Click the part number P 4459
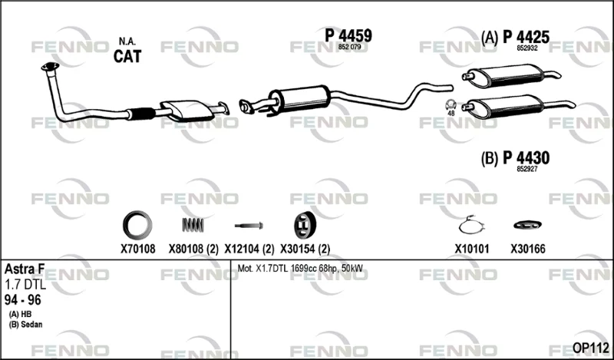[x=348, y=35]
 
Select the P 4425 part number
[x=526, y=37]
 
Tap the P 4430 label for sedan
[x=526, y=158]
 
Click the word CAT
[x=127, y=56]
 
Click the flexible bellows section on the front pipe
[x=141, y=113]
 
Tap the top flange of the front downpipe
[x=50, y=67]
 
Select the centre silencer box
[x=299, y=97]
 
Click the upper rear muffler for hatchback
[x=509, y=75]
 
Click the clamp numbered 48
[x=451, y=105]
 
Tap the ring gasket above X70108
[x=137, y=225]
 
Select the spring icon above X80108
[x=193, y=225]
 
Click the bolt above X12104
[x=249, y=226]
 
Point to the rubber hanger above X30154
[x=305, y=225]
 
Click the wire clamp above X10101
[x=472, y=225]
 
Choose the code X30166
[x=527, y=249]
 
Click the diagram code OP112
[x=590, y=348]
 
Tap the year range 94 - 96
[x=23, y=300]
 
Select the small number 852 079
[x=348, y=47]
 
